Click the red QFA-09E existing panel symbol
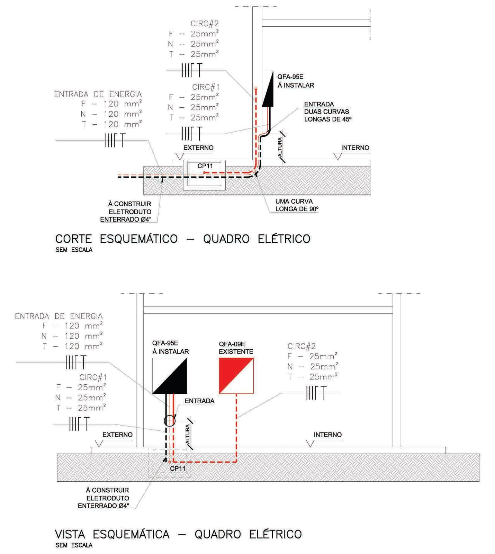click(236, 376)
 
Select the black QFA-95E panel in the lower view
click(170, 376)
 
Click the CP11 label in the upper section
click(205, 166)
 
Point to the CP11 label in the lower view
click(178, 468)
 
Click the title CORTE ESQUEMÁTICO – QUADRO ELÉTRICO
click(183, 239)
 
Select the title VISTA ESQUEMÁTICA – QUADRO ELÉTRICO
click(178, 534)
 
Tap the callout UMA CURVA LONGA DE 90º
click(296, 205)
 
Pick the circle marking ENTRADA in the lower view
click(170, 421)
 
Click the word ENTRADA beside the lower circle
click(199, 401)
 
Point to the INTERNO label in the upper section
click(355, 148)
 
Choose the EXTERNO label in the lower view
click(117, 435)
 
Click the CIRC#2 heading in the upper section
click(205, 24)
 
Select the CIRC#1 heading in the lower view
click(93, 377)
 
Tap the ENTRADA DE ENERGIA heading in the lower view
click(59, 316)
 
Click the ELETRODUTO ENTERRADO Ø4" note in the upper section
click(126, 215)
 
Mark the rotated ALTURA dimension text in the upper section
click(280, 147)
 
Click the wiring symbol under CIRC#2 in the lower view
click(316, 393)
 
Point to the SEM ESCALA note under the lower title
click(74, 545)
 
